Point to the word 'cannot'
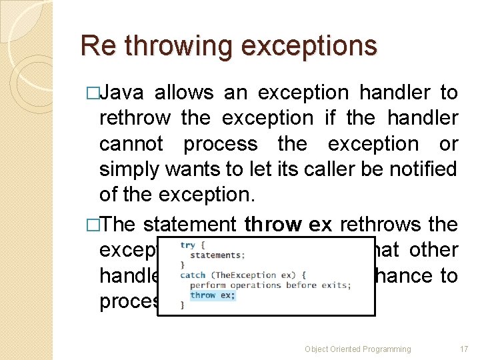click(131, 143)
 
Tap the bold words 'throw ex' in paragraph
click(288, 225)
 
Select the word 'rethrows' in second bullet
click(380, 225)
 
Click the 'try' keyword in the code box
click(189, 245)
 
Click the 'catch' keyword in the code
click(193, 275)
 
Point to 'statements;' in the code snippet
click(217, 255)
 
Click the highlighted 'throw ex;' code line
click(212, 295)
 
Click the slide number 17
click(464, 349)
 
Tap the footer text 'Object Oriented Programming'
click(357, 349)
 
